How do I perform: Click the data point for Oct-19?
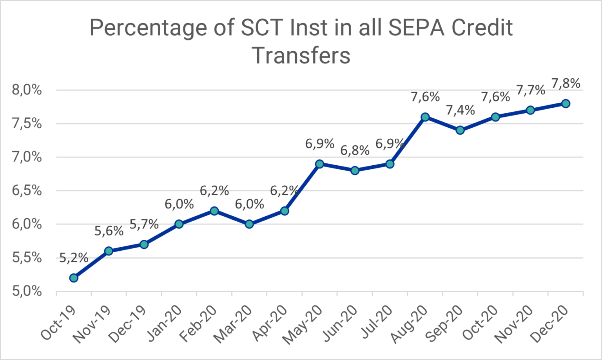(x=74, y=278)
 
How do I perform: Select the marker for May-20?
(x=319, y=164)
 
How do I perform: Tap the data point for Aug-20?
(x=425, y=117)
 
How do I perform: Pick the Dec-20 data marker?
(x=566, y=103)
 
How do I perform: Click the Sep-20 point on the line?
(x=460, y=130)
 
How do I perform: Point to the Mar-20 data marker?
(x=249, y=224)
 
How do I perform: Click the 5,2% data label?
(x=74, y=258)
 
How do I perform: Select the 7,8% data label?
(x=566, y=83)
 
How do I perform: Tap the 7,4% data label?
(x=460, y=110)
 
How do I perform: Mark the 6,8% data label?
(x=355, y=150)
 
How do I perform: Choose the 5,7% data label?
(x=144, y=224)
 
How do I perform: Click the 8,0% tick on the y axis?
(x=27, y=90)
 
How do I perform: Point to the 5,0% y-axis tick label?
(x=27, y=291)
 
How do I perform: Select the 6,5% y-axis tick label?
(x=27, y=191)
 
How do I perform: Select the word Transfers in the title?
(x=301, y=55)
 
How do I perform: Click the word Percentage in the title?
(x=148, y=28)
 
